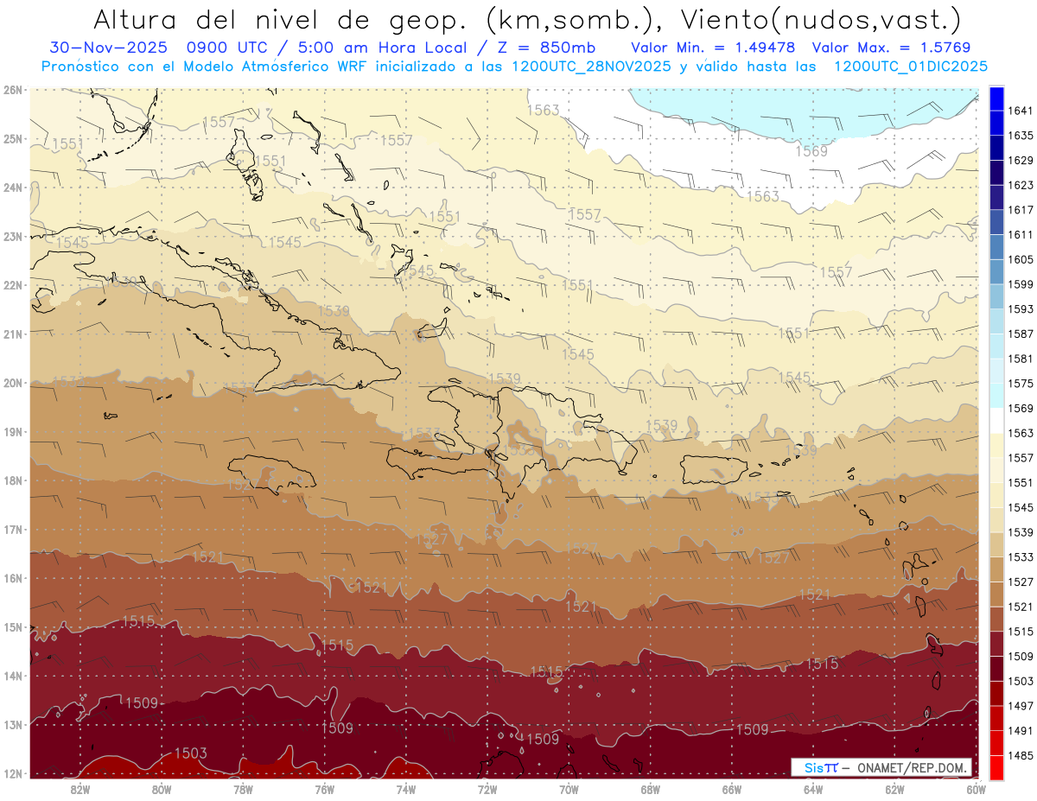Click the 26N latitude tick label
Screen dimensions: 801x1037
[x=12, y=90]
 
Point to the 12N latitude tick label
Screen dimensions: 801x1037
[x=12, y=773]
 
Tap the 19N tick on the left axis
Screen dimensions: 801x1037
[x=12, y=432]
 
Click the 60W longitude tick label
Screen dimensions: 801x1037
[x=976, y=788]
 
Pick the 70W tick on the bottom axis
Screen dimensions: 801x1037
[x=569, y=788]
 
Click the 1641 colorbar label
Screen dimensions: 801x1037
[x=1020, y=111]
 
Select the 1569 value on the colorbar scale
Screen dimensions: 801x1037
[x=1020, y=408]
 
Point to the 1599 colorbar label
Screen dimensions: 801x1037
[x=1020, y=284]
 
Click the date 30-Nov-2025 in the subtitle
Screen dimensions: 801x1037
[x=97, y=48]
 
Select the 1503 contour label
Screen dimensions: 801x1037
[x=191, y=753]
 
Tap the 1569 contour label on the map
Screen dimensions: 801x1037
[x=811, y=151]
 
